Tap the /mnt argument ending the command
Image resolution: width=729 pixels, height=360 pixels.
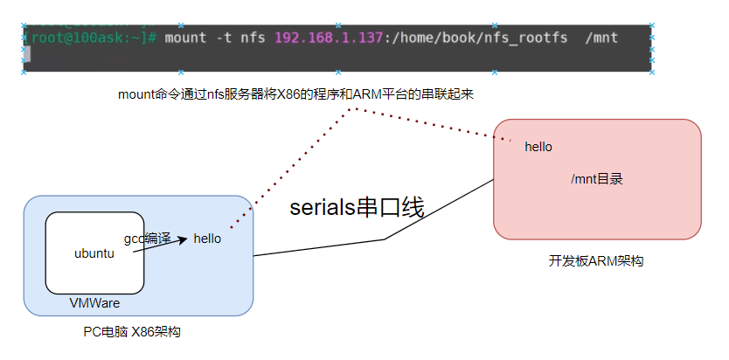coord(601,38)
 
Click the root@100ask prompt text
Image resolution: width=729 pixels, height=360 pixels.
coord(83,38)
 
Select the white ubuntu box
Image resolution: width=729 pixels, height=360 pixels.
coord(94,253)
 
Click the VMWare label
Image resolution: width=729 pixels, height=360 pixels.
coord(94,303)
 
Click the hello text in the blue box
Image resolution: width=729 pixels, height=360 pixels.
coord(207,238)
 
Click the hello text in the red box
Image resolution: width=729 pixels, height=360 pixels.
coord(538,147)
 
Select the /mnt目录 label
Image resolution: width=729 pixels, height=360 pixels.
coord(597,179)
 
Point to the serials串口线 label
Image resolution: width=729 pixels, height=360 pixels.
coord(357,208)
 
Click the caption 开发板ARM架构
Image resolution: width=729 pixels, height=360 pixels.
coord(596,260)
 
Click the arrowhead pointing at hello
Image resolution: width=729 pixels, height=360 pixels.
coord(183,238)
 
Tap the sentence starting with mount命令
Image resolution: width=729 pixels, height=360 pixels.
coord(295,93)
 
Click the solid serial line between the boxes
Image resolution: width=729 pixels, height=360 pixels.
coord(385,239)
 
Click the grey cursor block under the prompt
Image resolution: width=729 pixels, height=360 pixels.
coord(27,54)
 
